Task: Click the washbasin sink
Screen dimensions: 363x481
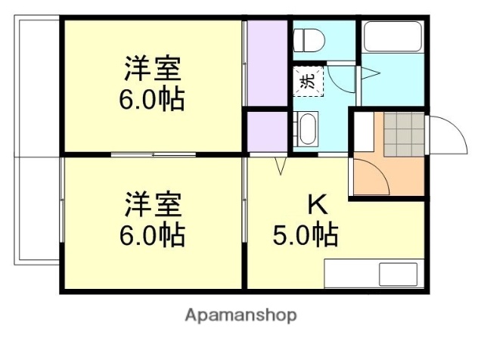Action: point(306,129)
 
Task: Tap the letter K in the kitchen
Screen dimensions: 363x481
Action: point(317,203)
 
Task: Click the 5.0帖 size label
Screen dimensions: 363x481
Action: point(305,235)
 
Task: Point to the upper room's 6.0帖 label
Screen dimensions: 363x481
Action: point(152,101)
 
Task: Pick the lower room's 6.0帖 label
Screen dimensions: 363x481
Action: point(152,236)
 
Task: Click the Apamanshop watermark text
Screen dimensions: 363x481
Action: point(240,315)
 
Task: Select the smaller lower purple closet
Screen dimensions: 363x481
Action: point(267,132)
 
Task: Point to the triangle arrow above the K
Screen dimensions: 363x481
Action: point(281,166)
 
